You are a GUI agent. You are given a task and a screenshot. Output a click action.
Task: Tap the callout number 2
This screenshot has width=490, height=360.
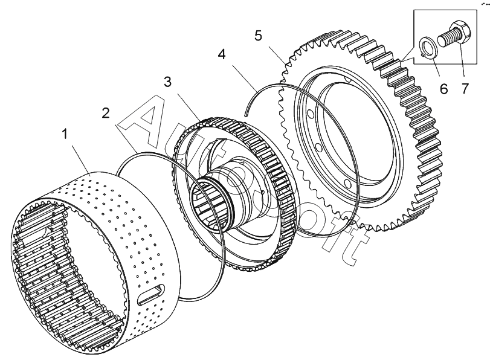[x=106, y=113]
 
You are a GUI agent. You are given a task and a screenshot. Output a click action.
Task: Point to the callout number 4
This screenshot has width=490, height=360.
[x=222, y=55]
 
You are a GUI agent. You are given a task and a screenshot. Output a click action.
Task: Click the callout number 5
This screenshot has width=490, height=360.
[x=258, y=35]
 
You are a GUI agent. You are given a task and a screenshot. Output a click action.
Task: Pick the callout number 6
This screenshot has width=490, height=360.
[x=444, y=89]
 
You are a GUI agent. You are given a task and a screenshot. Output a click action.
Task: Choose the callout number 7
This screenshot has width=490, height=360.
[x=465, y=89]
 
